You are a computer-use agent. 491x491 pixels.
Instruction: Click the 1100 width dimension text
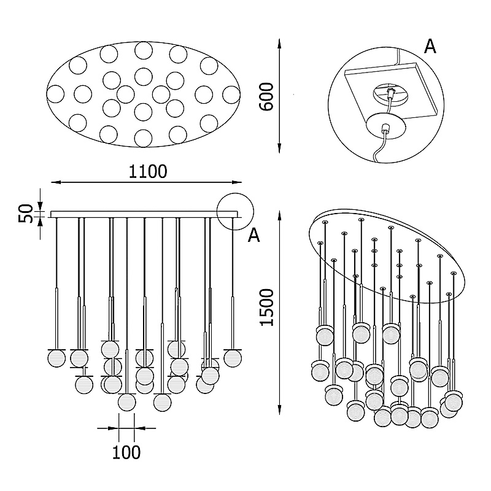click(148, 171)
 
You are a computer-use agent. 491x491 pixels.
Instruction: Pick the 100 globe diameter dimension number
click(126, 452)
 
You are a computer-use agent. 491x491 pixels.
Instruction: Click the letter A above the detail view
click(430, 46)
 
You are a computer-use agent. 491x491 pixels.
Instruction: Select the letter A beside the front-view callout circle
click(254, 236)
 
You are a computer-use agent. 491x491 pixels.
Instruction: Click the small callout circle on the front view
click(235, 212)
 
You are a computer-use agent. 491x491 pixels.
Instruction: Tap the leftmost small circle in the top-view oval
click(56, 95)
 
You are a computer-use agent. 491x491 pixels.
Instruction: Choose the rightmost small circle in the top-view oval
click(231, 95)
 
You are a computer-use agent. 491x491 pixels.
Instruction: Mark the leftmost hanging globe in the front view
click(56, 358)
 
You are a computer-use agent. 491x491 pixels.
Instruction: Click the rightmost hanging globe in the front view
click(233, 358)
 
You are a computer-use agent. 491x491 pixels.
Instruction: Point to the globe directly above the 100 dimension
click(126, 402)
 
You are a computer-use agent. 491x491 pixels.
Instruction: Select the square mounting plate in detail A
click(393, 92)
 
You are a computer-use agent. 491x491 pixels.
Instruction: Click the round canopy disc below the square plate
click(386, 127)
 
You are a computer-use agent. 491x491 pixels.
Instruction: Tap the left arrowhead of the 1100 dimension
click(53, 182)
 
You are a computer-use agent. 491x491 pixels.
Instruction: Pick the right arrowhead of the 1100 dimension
click(240, 182)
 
